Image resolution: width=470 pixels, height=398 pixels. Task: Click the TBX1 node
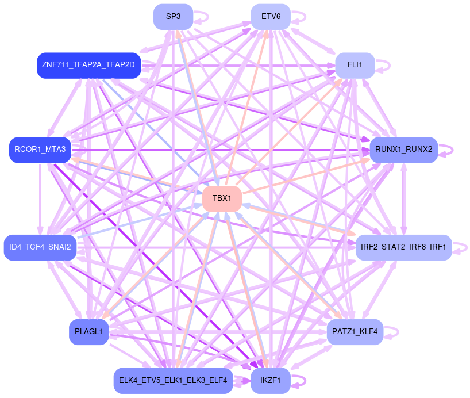[221, 198]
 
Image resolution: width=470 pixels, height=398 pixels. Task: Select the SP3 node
[173, 17]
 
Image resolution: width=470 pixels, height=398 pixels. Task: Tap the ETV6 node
[271, 17]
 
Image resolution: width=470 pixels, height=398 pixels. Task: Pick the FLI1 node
[355, 66]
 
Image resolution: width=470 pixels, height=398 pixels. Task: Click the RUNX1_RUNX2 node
[403, 150]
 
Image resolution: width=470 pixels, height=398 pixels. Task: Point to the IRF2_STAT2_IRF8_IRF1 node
[403, 247]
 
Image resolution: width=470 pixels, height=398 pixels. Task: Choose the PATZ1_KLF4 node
[355, 332]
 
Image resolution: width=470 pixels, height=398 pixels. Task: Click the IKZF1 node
[271, 380]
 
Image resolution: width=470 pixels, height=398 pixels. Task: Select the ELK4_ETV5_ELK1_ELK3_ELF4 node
[173, 380]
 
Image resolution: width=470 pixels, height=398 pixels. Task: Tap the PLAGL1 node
[88, 332]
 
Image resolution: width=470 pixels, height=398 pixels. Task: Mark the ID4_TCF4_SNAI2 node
[40, 247]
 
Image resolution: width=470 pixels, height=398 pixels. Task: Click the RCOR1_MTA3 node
[40, 150]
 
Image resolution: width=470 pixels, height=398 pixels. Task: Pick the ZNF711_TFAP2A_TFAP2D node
[88, 66]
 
